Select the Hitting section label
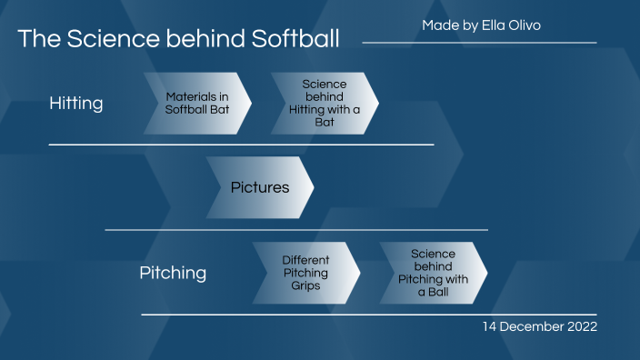click(x=75, y=104)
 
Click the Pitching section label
click(x=173, y=273)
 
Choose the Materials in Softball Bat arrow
click(x=196, y=103)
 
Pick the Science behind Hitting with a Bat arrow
click(x=325, y=103)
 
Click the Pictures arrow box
click(x=260, y=188)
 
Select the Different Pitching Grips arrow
click(x=305, y=273)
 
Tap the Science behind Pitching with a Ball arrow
click(x=433, y=273)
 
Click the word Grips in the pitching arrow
click(x=305, y=285)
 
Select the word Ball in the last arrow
click(x=440, y=292)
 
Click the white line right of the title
click(x=479, y=43)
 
